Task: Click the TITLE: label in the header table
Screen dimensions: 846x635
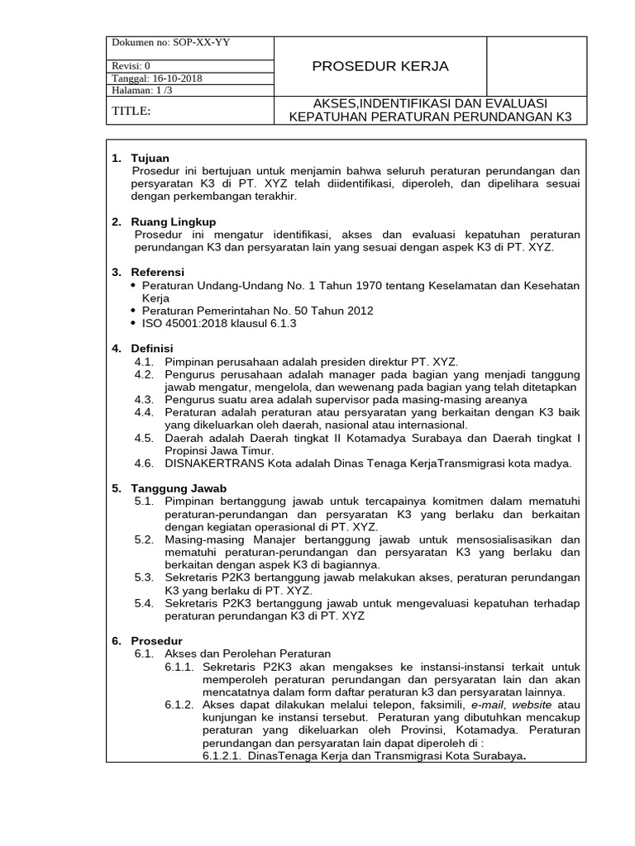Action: pyautogui.click(x=131, y=111)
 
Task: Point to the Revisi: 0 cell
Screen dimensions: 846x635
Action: pyautogui.click(x=131, y=67)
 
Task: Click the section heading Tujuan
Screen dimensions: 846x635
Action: pyautogui.click(x=150, y=158)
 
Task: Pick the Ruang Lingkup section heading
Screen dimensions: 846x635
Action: pyautogui.click(x=174, y=221)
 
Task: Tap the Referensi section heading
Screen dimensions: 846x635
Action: pyautogui.click(x=158, y=272)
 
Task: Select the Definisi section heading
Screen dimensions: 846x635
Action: pyautogui.click(x=152, y=349)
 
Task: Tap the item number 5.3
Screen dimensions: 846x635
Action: pyautogui.click(x=144, y=577)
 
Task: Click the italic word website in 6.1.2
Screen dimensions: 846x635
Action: pyautogui.click(x=533, y=705)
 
